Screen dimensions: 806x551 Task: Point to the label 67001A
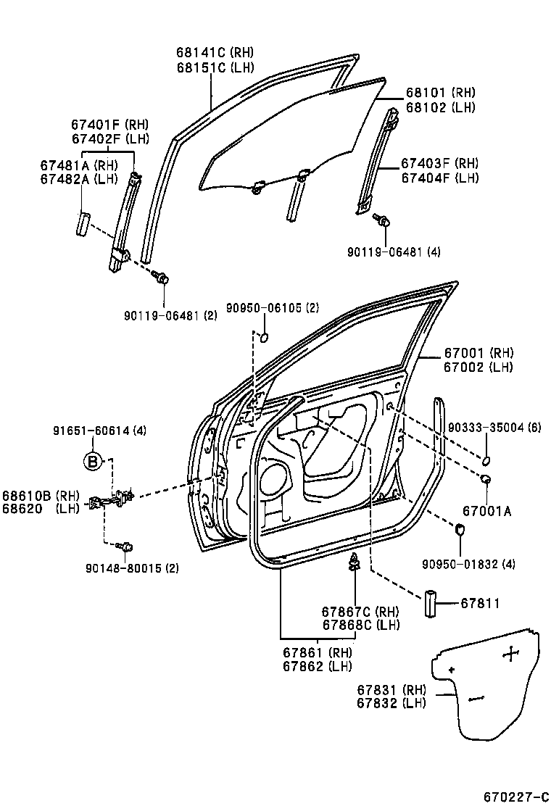[486, 511]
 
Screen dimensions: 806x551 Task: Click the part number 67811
[481, 602]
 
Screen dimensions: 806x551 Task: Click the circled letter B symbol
[92, 461]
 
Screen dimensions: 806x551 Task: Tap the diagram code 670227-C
[515, 797]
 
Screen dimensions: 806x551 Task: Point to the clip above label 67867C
[355, 560]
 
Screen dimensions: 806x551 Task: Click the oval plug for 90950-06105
[265, 337]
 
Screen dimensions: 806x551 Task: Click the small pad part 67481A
[83, 222]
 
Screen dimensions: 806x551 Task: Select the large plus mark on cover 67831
[511, 655]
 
